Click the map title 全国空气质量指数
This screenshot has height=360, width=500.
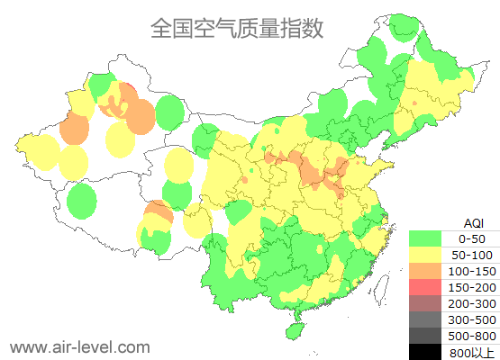pos(237,28)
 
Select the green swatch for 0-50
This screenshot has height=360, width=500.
pos(426,238)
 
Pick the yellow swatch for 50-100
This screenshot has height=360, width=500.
pos(426,255)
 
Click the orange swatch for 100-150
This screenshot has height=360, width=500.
pos(426,271)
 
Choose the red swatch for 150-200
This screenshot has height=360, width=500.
pos(426,286)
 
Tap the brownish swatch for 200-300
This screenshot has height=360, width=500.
pos(426,302)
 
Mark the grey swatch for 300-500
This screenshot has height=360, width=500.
pos(426,319)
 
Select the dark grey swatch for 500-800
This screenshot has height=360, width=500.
pos(426,335)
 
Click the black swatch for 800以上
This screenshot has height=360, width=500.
pos(426,351)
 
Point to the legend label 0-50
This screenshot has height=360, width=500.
pos(471,238)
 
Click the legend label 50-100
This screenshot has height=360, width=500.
pos(471,255)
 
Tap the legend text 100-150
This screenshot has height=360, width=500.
pos(471,271)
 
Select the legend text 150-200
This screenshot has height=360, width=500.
pos(471,286)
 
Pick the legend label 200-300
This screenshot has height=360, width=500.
pos(471,302)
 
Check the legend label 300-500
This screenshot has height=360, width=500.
pos(471,319)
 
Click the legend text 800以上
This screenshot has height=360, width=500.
pos(471,351)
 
